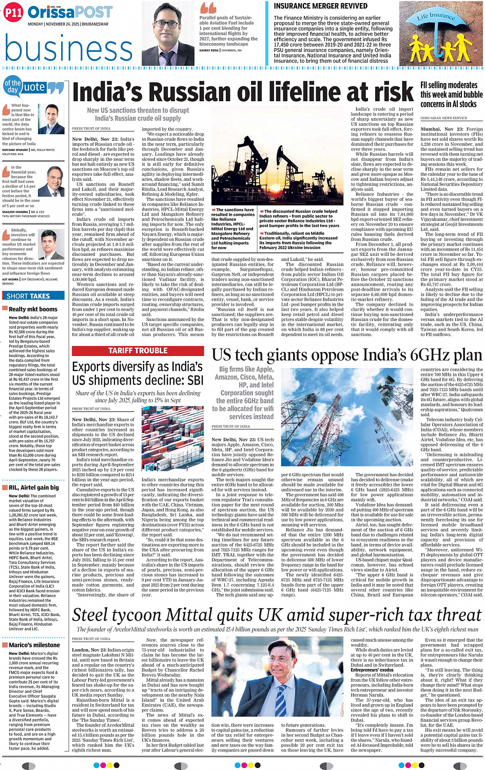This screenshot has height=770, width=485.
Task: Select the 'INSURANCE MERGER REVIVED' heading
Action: coord(320,6)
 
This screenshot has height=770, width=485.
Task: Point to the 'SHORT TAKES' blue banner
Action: coord(28,296)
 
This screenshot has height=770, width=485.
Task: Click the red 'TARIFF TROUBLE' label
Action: coord(138,351)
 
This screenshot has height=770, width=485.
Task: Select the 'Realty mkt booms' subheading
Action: coord(33,309)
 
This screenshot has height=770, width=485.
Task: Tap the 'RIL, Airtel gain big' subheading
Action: coord(33,487)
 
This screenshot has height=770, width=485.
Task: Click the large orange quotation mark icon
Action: coord(208,8)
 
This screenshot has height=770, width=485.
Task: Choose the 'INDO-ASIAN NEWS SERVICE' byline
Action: coord(443,118)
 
